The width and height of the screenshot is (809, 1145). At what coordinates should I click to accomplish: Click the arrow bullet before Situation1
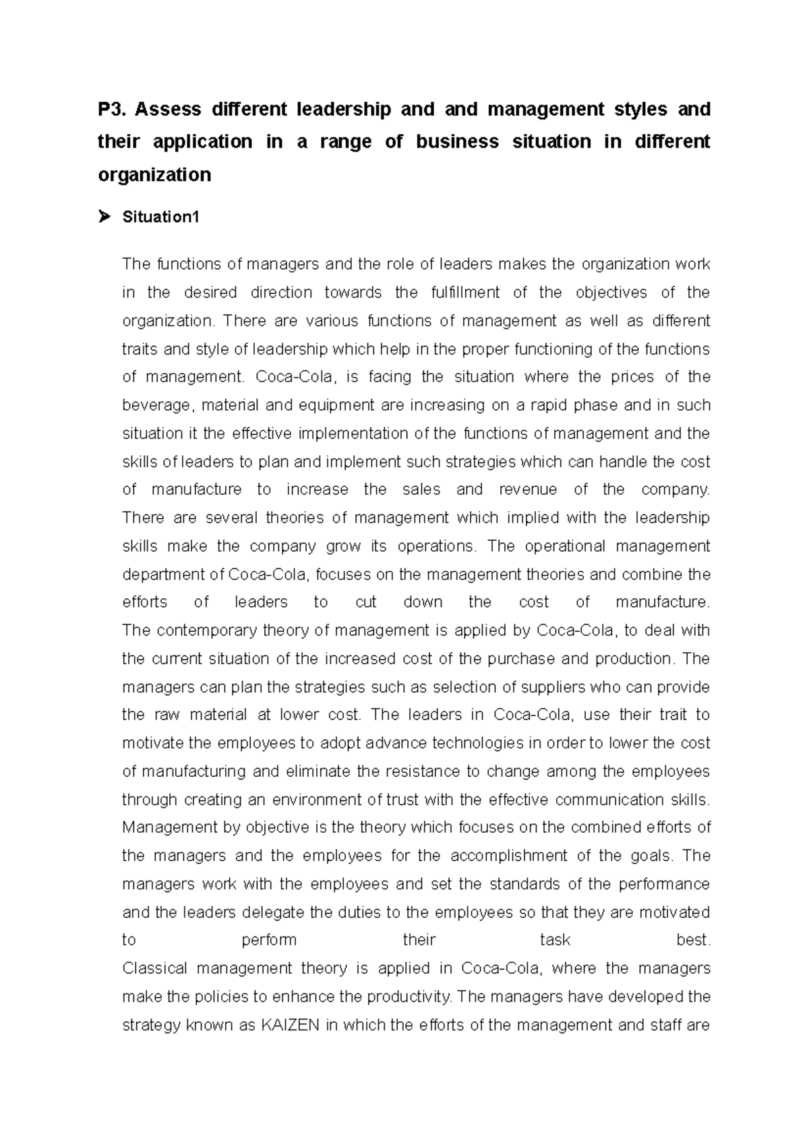[x=104, y=217]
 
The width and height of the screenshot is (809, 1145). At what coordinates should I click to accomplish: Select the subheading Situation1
[x=160, y=217]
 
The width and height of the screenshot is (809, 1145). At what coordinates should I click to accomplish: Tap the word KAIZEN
[x=289, y=1026]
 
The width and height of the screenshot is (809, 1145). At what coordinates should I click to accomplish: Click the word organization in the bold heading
[x=154, y=175]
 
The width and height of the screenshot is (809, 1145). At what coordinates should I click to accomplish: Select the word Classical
[x=154, y=969]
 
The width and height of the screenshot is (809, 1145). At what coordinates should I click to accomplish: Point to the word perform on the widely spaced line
[x=269, y=941]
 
